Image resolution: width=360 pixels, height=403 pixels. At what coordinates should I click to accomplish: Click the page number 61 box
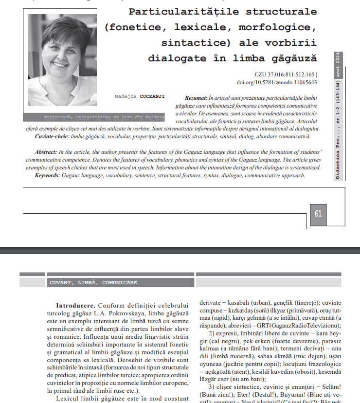tap(318, 214)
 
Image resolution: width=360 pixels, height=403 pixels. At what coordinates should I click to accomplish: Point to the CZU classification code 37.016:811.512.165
tap(291, 75)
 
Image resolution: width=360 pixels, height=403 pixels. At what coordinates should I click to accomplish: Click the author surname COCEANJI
tap(152, 96)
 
